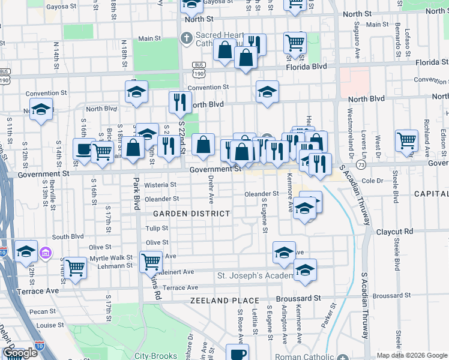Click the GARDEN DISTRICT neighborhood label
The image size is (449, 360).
[191, 214]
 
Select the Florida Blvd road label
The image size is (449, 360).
[306, 66]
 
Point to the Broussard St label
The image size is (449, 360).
[298, 298]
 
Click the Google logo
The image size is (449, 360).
[19, 353]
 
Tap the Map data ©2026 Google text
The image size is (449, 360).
[412, 355]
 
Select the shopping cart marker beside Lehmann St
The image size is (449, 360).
[76, 267]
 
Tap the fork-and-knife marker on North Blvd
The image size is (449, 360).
[178, 101]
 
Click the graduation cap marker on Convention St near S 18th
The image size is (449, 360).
[137, 92]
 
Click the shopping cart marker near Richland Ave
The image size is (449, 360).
[406, 140]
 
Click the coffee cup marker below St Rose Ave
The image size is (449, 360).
[237, 353]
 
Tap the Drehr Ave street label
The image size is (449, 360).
[211, 185]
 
